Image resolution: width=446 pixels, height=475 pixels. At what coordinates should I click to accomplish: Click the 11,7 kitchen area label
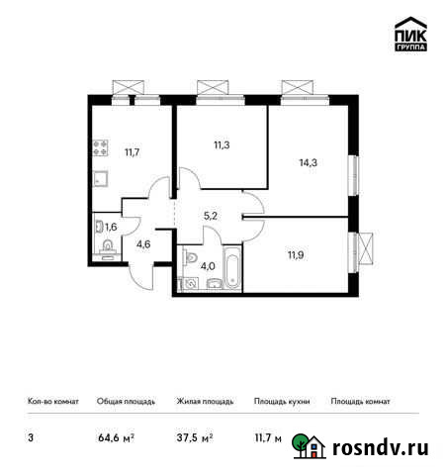click(x=132, y=152)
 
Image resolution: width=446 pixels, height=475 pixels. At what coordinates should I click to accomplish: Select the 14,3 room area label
click(x=309, y=162)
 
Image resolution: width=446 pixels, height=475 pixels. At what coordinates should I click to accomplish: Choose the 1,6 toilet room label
click(x=110, y=227)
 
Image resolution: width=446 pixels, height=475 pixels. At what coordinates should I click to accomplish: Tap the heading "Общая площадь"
click(x=125, y=402)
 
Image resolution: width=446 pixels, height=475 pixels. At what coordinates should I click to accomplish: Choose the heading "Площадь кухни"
click(x=281, y=402)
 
